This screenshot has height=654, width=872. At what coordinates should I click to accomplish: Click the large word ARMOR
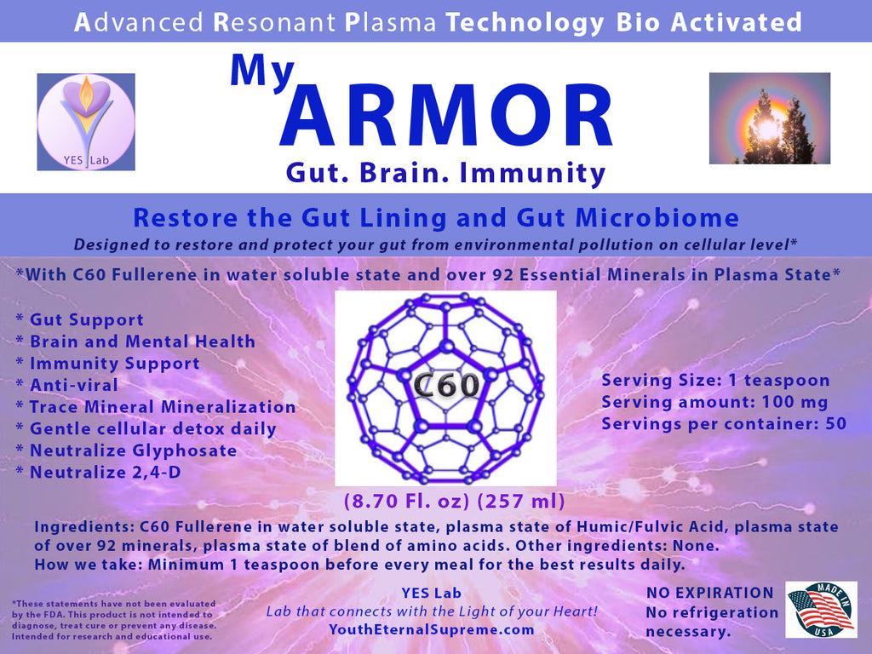446,116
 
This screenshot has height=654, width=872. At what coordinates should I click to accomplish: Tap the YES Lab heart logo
86,122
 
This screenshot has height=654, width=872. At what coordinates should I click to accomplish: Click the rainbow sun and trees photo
770,118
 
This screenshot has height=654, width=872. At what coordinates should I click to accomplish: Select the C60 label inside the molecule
446,385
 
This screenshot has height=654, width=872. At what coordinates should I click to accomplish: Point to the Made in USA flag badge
821,610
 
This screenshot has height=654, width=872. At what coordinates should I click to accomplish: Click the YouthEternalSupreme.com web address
432,629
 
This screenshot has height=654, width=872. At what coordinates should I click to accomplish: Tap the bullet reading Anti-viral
66,385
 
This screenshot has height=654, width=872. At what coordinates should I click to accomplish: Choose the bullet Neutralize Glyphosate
126,450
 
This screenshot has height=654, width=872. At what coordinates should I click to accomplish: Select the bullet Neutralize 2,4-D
99,472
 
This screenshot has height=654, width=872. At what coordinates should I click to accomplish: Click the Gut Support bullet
79,320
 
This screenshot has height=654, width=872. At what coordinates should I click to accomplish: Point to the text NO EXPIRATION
709,593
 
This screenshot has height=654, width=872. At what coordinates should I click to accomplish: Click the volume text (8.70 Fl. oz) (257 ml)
455,501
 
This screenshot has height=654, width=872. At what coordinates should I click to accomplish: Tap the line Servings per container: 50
724,424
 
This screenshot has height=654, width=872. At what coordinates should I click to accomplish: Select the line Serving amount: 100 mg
714,402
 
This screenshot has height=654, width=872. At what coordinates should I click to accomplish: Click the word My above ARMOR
262,72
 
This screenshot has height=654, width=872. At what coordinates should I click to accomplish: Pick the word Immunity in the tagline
532,173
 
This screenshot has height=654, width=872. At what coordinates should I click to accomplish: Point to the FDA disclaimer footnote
113,620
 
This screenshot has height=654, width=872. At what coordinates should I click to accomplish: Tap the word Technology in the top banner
525,23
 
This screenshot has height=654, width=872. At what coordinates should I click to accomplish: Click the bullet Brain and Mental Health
135,341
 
